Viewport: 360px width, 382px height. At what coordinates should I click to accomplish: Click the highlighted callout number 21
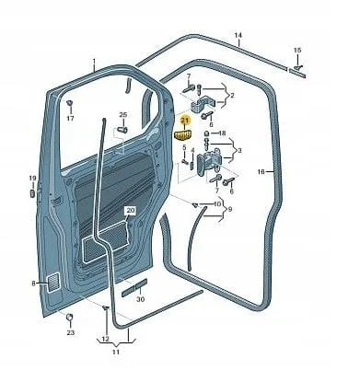(184, 122)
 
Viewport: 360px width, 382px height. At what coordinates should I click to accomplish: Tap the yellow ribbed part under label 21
(182, 134)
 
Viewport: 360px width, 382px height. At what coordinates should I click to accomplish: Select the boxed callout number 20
(131, 211)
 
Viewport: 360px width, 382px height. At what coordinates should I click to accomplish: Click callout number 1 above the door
(94, 61)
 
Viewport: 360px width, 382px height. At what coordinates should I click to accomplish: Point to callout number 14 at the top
(238, 36)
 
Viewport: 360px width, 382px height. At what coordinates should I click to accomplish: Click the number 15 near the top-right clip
(297, 50)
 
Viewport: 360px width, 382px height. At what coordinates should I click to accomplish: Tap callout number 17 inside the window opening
(70, 118)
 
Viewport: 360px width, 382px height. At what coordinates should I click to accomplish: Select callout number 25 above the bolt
(122, 115)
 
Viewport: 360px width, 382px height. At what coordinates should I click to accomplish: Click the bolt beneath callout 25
(122, 130)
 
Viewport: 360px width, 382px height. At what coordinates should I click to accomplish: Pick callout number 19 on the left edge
(32, 179)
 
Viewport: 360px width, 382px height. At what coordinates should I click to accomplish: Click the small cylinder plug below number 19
(32, 193)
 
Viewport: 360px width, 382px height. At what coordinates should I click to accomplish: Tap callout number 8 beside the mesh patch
(33, 284)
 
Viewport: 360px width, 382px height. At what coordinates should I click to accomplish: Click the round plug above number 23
(70, 317)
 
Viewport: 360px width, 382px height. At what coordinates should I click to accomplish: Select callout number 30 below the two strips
(140, 299)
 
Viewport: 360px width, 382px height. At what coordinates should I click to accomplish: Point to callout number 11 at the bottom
(115, 352)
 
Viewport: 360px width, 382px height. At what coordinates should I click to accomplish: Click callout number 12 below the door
(105, 340)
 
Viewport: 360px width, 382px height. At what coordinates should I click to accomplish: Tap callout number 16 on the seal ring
(261, 172)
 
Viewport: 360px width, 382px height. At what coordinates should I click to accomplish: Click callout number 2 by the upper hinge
(232, 96)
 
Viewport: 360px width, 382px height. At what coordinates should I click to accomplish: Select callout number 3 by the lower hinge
(239, 151)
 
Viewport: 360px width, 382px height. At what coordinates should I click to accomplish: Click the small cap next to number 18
(207, 133)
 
